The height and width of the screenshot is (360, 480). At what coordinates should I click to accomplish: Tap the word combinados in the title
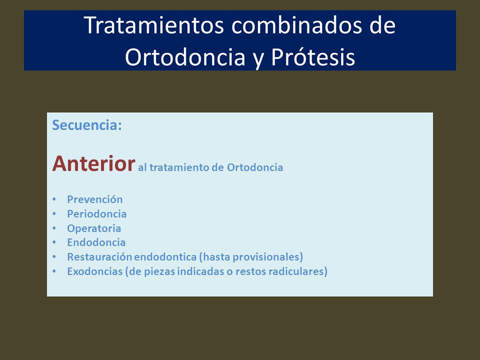pyautogui.click(x=297, y=25)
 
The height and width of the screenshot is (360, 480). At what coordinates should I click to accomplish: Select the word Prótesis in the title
pyautogui.click(x=313, y=56)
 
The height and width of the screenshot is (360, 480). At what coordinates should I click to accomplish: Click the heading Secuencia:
pyautogui.click(x=87, y=125)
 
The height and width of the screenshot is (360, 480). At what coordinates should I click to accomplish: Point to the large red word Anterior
pyautogui.click(x=93, y=163)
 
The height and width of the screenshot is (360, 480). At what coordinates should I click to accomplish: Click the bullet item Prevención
pyautogui.click(x=95, y=199)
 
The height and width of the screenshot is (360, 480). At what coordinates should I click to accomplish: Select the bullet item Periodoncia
pyautogui.click(x=96, y=213)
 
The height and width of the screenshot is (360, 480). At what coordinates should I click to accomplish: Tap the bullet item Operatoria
pyautogui.click(x=94, y=228)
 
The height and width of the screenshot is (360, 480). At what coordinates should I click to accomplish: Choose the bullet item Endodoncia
pyautogui.click(x=96, y=242)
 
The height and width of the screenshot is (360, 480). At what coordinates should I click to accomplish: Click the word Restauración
pyautogui.click(x=99, y=257)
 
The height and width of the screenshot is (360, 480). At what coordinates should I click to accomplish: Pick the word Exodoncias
pyautogui.click(x=95, y=271)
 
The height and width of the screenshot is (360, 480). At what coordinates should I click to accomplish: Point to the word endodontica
pyautogui.click(x=165, y=257)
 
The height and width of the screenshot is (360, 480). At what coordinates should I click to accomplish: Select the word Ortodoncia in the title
pyautogui.click(x=185, y=56)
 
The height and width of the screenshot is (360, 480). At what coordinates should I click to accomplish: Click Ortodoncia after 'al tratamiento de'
pyautogui.click(x=254, y=167)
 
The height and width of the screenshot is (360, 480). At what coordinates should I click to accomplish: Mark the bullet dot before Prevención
pyautogui.click(x=54, y=199)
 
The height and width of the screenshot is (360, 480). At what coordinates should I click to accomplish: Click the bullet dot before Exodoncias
pyautogui.click(x=54, y=271)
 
